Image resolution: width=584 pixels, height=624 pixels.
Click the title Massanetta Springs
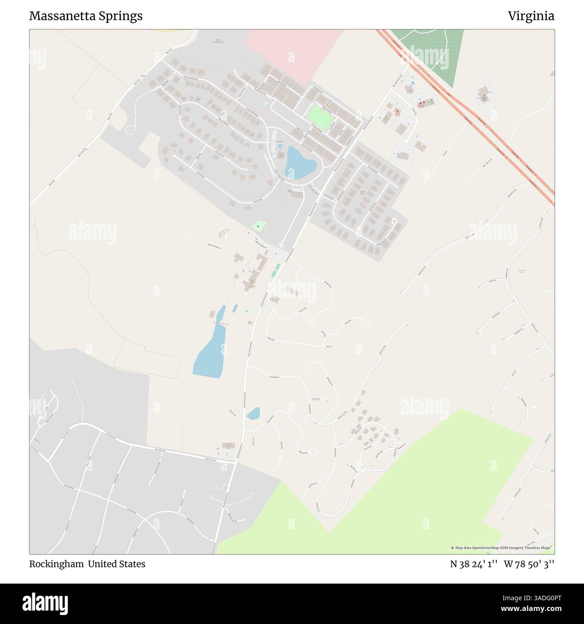[86, 16]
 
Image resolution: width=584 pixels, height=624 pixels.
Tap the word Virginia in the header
[531, 16]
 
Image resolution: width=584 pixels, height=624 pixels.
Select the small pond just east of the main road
[253, 413]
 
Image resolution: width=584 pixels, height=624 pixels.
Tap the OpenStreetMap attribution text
[502, 548]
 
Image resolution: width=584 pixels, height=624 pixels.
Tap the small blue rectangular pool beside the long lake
[234, 309]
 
